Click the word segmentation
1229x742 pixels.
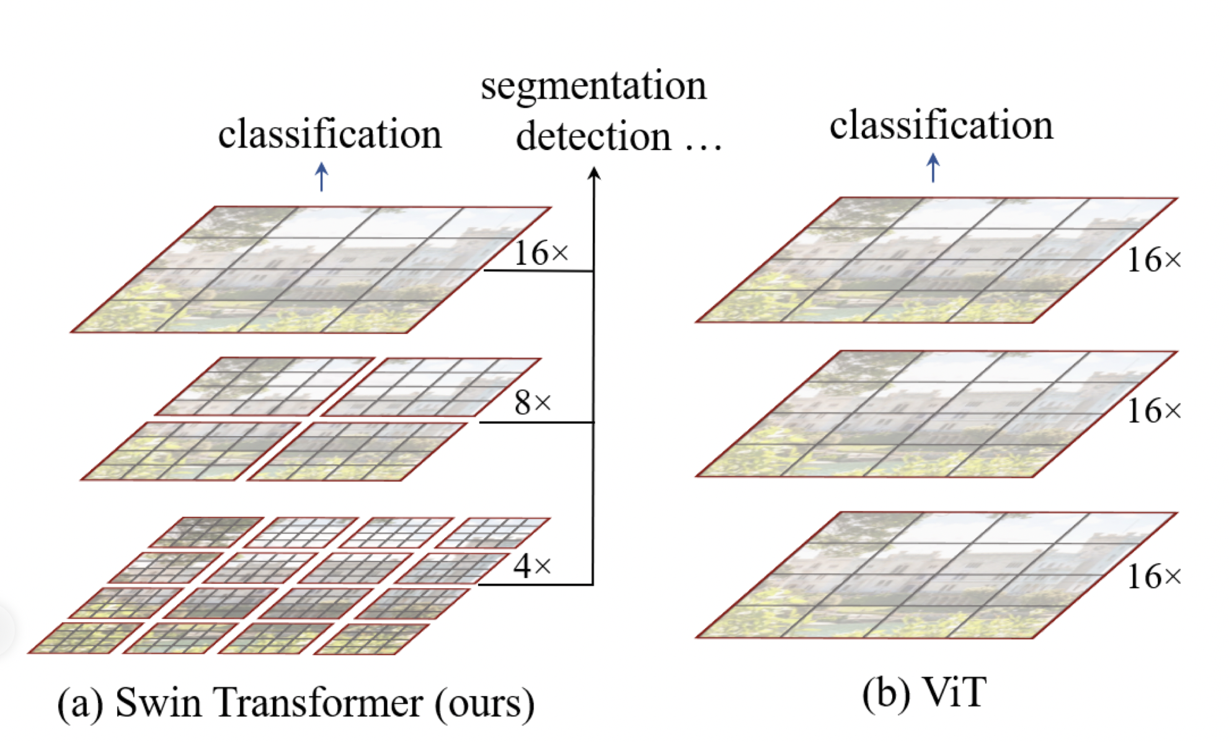(x=593, y=86)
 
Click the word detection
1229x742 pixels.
(x=593, y=136)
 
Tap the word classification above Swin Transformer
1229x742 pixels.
(x=330, y=133)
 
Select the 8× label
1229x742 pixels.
(x=533, y=403)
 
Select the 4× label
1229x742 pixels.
(x=532, y=566)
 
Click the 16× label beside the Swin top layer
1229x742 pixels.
(x=541, y=253)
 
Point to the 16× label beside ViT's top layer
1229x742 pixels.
(x=1153, y=260)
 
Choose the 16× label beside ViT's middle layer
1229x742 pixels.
(x=1153, y=411)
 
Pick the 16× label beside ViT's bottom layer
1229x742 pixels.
(x=1153, y=576)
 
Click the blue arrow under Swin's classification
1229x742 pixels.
(x=321, y=177)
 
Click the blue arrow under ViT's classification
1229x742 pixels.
(x=933, y=168)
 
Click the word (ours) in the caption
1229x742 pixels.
(x=484, y=704)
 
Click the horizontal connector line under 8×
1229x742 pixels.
(x=536, y=422)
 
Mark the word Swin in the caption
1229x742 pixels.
(x=158, y=702)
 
